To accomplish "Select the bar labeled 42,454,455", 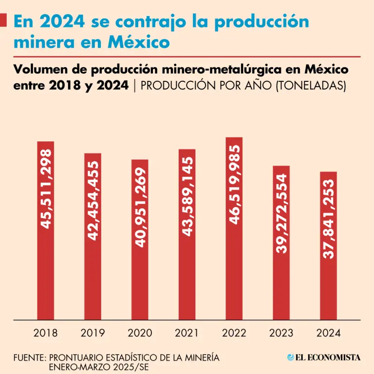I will coord(93,236).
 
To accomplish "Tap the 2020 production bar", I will coord(140,240).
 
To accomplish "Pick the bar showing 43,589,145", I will coord(187,234).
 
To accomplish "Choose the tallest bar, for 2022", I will coord(234,228).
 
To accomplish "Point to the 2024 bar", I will coord(328,245).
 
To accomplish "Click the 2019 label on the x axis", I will coord(93,334).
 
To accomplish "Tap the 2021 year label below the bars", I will coord(187,334).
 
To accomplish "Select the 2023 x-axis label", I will coord(281,334).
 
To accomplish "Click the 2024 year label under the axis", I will coord(328,334).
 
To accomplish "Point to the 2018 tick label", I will coord(45,334).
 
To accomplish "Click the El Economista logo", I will coord(324,357).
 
